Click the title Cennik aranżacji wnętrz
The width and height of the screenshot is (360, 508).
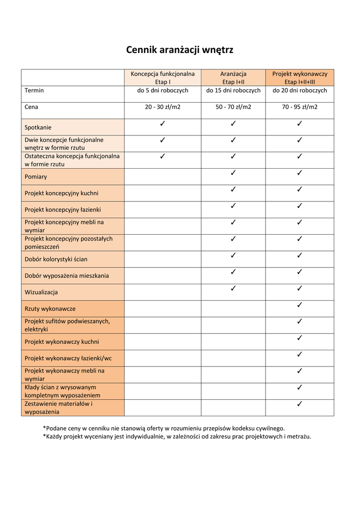(x=179, y=50)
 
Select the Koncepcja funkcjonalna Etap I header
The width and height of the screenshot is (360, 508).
(x=162, y=78)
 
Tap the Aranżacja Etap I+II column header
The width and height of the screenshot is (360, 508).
(x=233, y=78)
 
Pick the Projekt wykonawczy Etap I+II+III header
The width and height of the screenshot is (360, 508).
(x=299, y=78)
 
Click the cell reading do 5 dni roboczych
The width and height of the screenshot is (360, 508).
(x=162, y=91)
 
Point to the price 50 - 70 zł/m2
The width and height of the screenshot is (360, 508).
(x=233, y=107)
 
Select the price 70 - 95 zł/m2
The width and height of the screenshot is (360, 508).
(x=299, y=107)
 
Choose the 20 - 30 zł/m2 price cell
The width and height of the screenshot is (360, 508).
(x=162, y=107)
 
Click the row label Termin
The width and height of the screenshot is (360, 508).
(x=34, y=91)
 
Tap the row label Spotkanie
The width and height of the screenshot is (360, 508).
(x=38, y=127)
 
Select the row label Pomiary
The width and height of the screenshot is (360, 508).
(x=36, y=177)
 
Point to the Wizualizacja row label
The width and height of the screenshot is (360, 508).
(x=41, y=292)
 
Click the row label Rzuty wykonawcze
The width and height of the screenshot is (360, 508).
(x=50, y=309)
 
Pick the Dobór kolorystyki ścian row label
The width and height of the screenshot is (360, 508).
(x=56, y=259)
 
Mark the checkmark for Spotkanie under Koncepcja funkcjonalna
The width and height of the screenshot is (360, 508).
(x=162, y=124)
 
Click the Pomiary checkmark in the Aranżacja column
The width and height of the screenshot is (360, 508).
(x=233, y=173)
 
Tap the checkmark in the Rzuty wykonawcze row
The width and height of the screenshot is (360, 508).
(x=299, y=305)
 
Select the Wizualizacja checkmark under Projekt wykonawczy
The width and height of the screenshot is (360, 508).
(x=299, y=288)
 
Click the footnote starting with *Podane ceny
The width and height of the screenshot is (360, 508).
(x=164, y=428)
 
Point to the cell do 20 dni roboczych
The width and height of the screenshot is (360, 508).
(x=299, y=91)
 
